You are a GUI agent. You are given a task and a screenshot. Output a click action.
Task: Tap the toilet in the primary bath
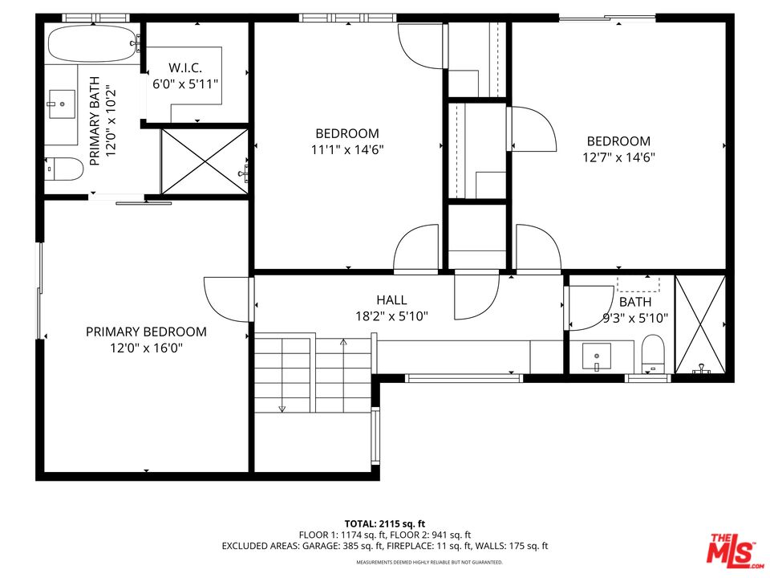[65, 169]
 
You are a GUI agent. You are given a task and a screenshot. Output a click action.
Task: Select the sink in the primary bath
[61, 104]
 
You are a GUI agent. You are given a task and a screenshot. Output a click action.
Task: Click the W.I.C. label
[185, 67]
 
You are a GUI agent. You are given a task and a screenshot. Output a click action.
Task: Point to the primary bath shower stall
[205, 161]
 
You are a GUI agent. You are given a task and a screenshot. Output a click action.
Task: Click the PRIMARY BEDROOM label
[146, 332]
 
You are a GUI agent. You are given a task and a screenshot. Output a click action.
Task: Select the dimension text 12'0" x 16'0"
[146, 348]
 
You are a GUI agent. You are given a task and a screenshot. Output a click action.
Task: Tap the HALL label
[391, 300]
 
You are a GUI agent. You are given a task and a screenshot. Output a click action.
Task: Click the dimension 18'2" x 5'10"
[391, 316]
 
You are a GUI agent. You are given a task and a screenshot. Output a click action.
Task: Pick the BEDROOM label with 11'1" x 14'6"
[346, 133]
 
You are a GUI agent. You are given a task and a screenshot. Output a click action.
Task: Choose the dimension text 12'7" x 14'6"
[618, 157]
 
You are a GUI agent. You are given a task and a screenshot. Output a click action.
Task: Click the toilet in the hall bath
[654, 353]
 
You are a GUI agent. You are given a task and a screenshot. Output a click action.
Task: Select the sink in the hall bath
[596, 355]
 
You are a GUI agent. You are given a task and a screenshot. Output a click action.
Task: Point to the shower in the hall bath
[700, 325]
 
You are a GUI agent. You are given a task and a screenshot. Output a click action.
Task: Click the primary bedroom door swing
[225, 297]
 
